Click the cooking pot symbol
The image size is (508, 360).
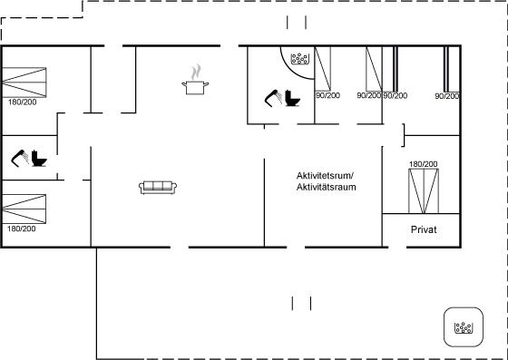(x=195, y=87)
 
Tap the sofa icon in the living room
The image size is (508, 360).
(x=158, y=188)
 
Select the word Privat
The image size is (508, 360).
(x=424, y=229)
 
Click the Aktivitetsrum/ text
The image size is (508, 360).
(x=325, y=176)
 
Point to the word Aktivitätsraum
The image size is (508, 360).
(x=327, y=187)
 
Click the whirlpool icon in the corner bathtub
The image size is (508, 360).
(x=299, y=59)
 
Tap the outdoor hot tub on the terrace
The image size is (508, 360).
(x=464, y=326)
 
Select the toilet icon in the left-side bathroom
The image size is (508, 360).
(x=39, y=159)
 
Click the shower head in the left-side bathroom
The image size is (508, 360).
(x=20, y=158)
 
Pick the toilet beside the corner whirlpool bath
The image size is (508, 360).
(x=292, y=98)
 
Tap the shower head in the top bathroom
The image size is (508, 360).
(x=273, y=98)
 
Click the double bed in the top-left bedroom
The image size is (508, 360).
(x=24, y=83)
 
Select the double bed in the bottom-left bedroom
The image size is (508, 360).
(x=24, y=209)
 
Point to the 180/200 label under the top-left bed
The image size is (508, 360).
(x=23, y=102)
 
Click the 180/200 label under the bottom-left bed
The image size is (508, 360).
(x=22, y=229)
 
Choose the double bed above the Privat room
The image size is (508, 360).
(x=424, y=191)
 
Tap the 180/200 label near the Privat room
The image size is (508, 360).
(x=423, y=164)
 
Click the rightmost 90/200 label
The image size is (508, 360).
(x=447, y=96)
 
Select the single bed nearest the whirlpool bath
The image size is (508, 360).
(x=323, y=69)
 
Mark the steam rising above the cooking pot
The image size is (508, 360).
(x=195, y=73)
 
